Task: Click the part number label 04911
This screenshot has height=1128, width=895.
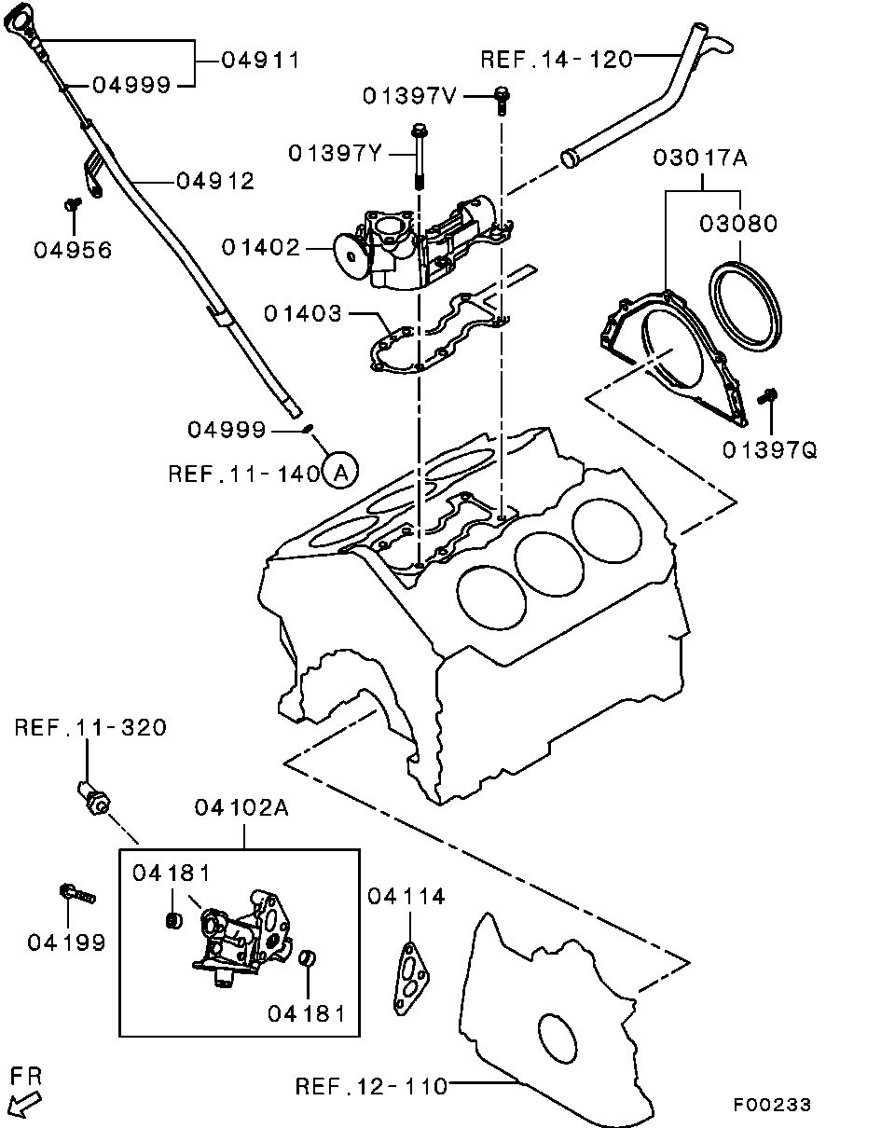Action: [260, 61]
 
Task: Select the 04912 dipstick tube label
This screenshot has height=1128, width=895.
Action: [214, 180]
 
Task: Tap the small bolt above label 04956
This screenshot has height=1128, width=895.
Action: [71, 207]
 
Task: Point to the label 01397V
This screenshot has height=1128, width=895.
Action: [409, 95]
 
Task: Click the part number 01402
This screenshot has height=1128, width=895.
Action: [261, 247]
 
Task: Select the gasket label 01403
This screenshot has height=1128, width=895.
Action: [302, 312]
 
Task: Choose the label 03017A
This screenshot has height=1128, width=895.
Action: [699, 158]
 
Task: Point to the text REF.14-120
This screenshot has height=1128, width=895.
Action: [556, 59]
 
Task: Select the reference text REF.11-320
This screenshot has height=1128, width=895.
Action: [90, 726]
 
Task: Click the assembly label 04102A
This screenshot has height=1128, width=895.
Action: [241, 807]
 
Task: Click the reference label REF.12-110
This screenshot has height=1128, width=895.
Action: [371, 1085]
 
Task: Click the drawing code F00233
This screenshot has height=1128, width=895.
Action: [771, 1105]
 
